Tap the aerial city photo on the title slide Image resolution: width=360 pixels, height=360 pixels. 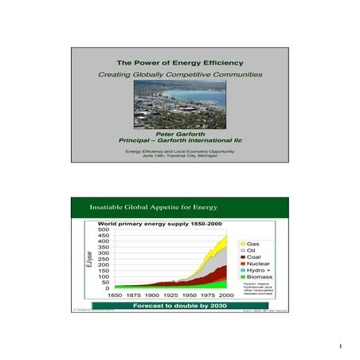point(179,101)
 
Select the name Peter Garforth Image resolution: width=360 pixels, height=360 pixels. point(179,135)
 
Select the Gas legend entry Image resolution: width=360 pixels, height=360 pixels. point(252,242)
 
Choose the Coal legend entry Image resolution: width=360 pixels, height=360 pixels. point(254,256)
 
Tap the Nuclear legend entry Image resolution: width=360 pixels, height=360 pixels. point(257,264)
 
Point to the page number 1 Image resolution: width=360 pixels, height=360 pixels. point(339,346)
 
